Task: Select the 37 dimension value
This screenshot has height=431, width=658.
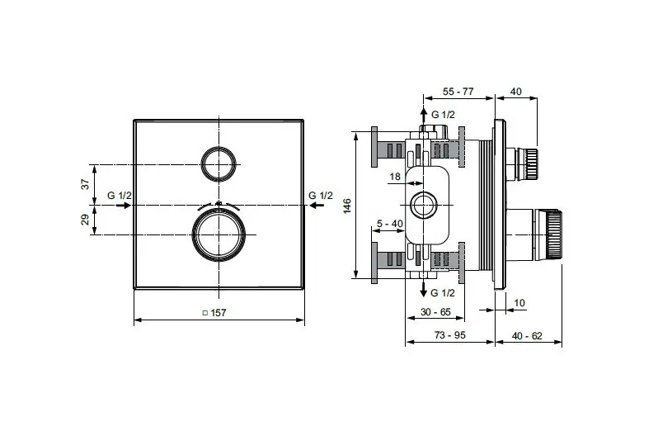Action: click(86, 184)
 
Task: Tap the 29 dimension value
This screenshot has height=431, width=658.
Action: click(86, 220)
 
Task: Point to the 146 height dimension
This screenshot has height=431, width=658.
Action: click(347, 206)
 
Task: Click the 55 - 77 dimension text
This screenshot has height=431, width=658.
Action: click(458, 91)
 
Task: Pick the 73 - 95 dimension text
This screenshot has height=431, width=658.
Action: click(450, 335)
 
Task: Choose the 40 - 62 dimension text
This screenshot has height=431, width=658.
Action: click(527, 336)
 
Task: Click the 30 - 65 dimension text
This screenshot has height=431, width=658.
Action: click(435, 312)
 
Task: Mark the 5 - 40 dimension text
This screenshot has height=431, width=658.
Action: click(390, 224)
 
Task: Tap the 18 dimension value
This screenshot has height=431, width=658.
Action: click(395, 177)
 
